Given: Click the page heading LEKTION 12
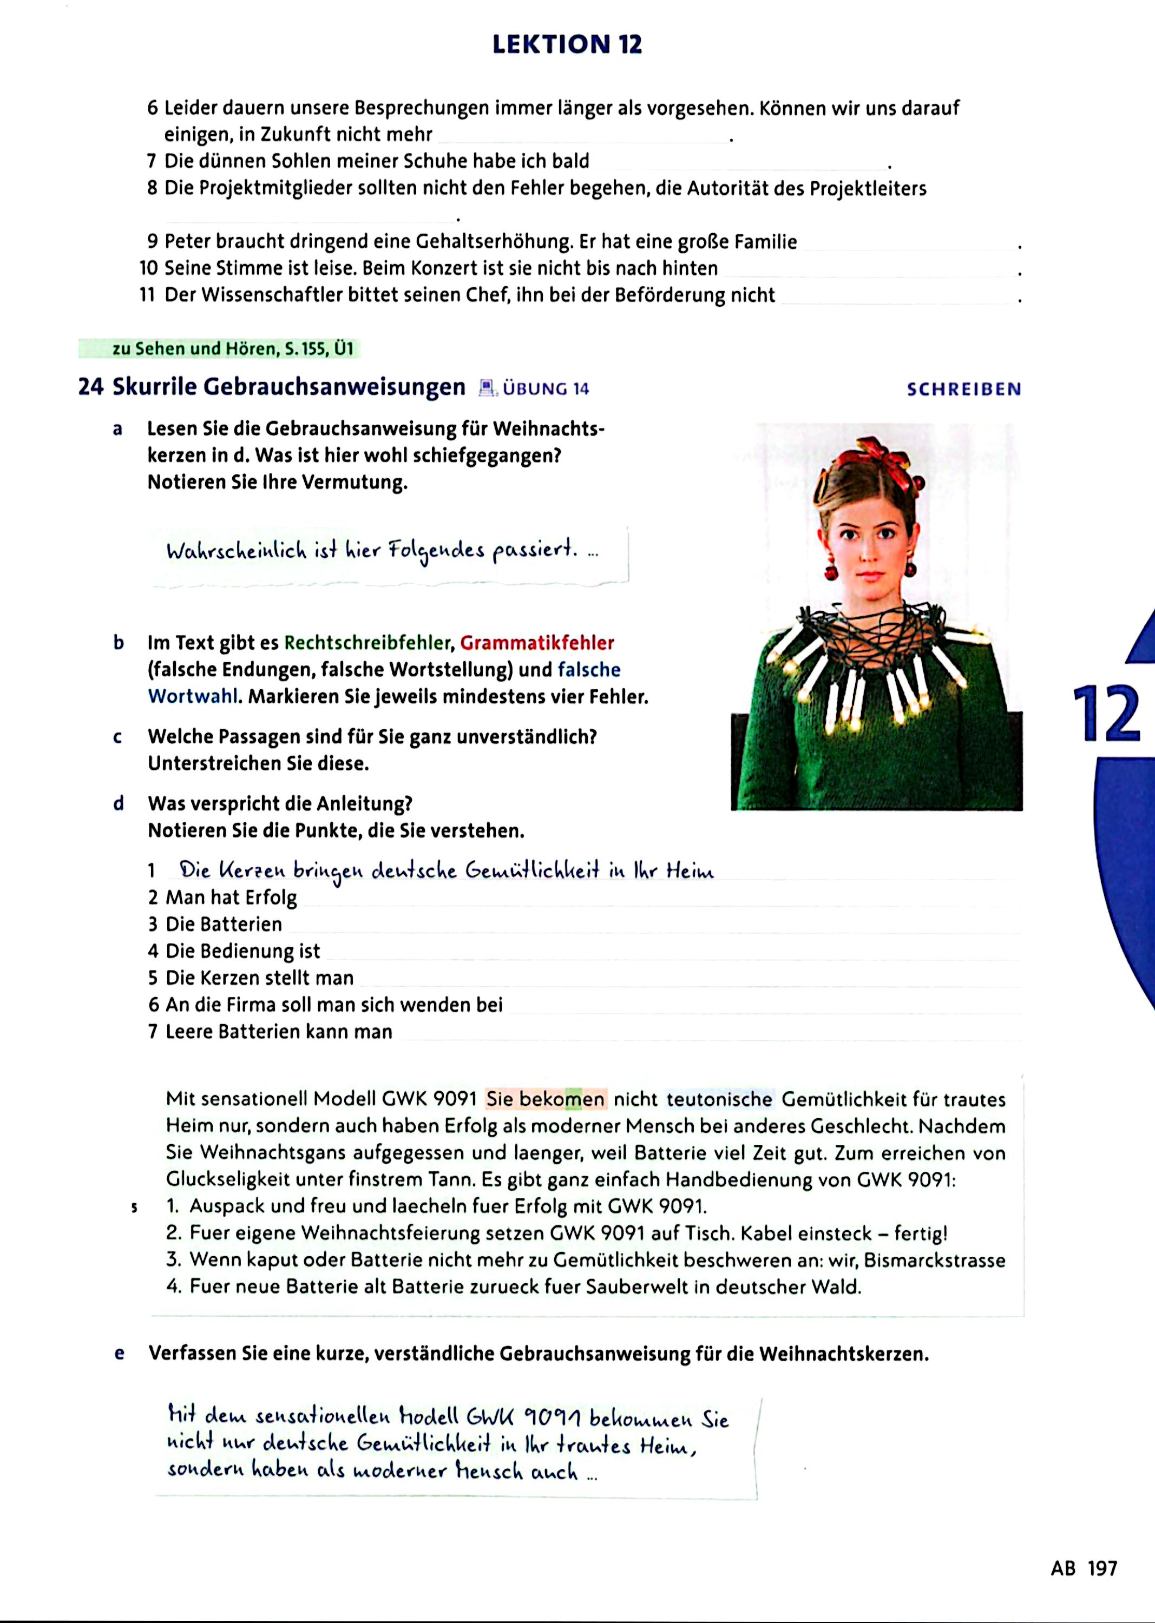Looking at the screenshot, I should (x=567, y=44).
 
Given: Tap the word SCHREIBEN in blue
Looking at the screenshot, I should (x=964, y=389).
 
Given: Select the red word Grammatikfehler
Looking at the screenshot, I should (x=537, y=643).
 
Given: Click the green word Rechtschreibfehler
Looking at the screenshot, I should (x=367, y=643).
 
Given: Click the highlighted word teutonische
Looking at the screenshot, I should (x=719, y=1099).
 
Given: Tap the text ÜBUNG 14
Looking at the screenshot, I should (x=546, y=389).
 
